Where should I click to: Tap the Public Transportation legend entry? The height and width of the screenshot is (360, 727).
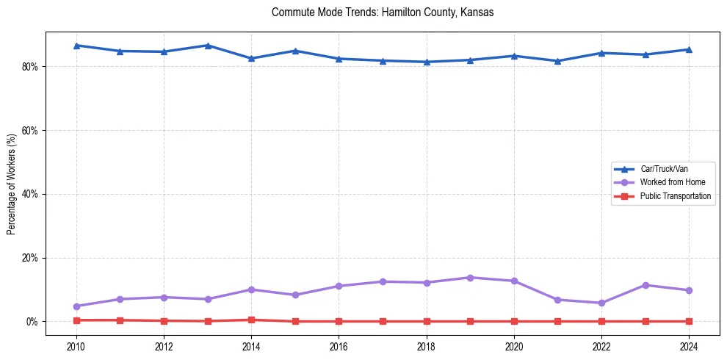pyautogui.click(x=675, y=196)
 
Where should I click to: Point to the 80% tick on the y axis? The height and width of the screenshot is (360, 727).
pyautogui.click(x=32, y=66)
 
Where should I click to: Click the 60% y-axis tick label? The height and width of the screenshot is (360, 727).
pyautogui.click(x=32, y=130)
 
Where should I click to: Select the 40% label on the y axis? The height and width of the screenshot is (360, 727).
pyautogui.click(x=32, y=194)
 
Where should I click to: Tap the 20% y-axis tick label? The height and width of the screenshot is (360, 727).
pyautogui.click(x=32, y=258)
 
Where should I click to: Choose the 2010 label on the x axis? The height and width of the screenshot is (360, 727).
pyautogui.click(x=76, y=347)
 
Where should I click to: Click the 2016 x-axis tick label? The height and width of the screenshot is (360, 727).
pyautogui.click(x=339, y=347)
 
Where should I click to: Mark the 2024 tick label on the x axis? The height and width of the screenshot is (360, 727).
pyautogui.click(x=689, y=347)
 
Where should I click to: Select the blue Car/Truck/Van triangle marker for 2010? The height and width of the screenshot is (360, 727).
pyautogui.click(x=76, y=46)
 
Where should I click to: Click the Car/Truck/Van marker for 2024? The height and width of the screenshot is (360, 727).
pyautogui.click(x=689, y=49)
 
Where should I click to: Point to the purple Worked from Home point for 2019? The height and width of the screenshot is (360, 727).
pyautogui.click(x=470, y=278)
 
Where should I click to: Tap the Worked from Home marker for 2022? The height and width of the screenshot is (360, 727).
pyautogui.click(x=601, y=303)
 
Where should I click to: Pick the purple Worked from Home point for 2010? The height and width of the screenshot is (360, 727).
pyautogui.click(x=76, y=306)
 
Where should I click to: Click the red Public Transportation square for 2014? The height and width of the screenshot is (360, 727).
pyautogui.click(x=251, y=320)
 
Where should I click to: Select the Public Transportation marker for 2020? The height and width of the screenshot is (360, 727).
pyautogui.click(x=514, y=321)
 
